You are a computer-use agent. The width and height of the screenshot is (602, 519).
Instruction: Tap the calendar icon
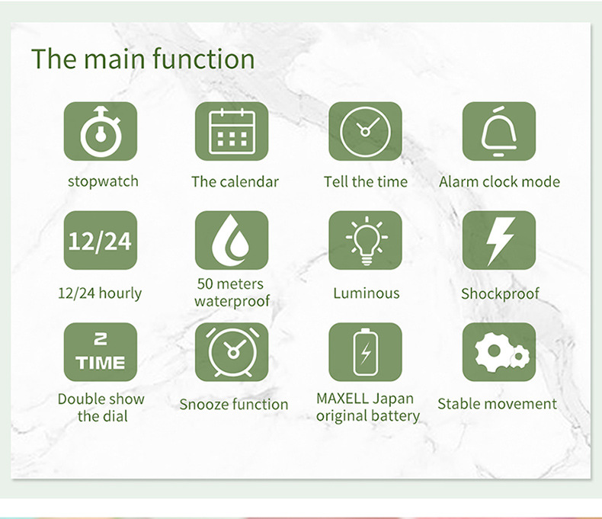click(x=232, y=131)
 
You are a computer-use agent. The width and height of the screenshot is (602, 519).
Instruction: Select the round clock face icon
click(x=365, y=132)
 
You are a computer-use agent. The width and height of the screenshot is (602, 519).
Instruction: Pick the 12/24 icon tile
click(x=100, y=240)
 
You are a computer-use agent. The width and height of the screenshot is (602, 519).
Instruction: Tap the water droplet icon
click(x=231, y=240)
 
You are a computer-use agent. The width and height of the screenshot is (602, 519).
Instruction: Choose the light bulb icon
click(x=367, y=240)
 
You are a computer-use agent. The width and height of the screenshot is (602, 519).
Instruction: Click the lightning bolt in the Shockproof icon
click(x=500, y=241)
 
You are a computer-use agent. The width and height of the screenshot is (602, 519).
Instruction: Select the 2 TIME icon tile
click(x=100, y=352)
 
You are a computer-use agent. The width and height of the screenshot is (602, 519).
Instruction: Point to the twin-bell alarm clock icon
click(x=232, y=352)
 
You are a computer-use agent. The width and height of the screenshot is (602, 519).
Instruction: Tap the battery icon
click(x=366, y=352)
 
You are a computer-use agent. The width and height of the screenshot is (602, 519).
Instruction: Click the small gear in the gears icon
click(x=520, y=357)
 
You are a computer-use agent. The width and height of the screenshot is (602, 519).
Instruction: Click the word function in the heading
click(x=203, y=59)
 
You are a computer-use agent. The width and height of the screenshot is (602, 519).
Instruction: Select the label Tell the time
click(x=366, y=181)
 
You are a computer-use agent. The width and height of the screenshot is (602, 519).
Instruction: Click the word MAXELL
click(x=342, y=399)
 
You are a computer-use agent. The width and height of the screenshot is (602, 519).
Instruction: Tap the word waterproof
click(x=232, y=301)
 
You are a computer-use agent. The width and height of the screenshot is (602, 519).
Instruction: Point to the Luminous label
click(x=367, y=293)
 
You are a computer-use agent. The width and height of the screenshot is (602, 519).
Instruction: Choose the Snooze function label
click(x=233, y=404)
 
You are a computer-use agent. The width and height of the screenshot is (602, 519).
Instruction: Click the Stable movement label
click(x=497, y=404)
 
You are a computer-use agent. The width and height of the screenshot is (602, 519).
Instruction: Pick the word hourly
click(x=120, y=293)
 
